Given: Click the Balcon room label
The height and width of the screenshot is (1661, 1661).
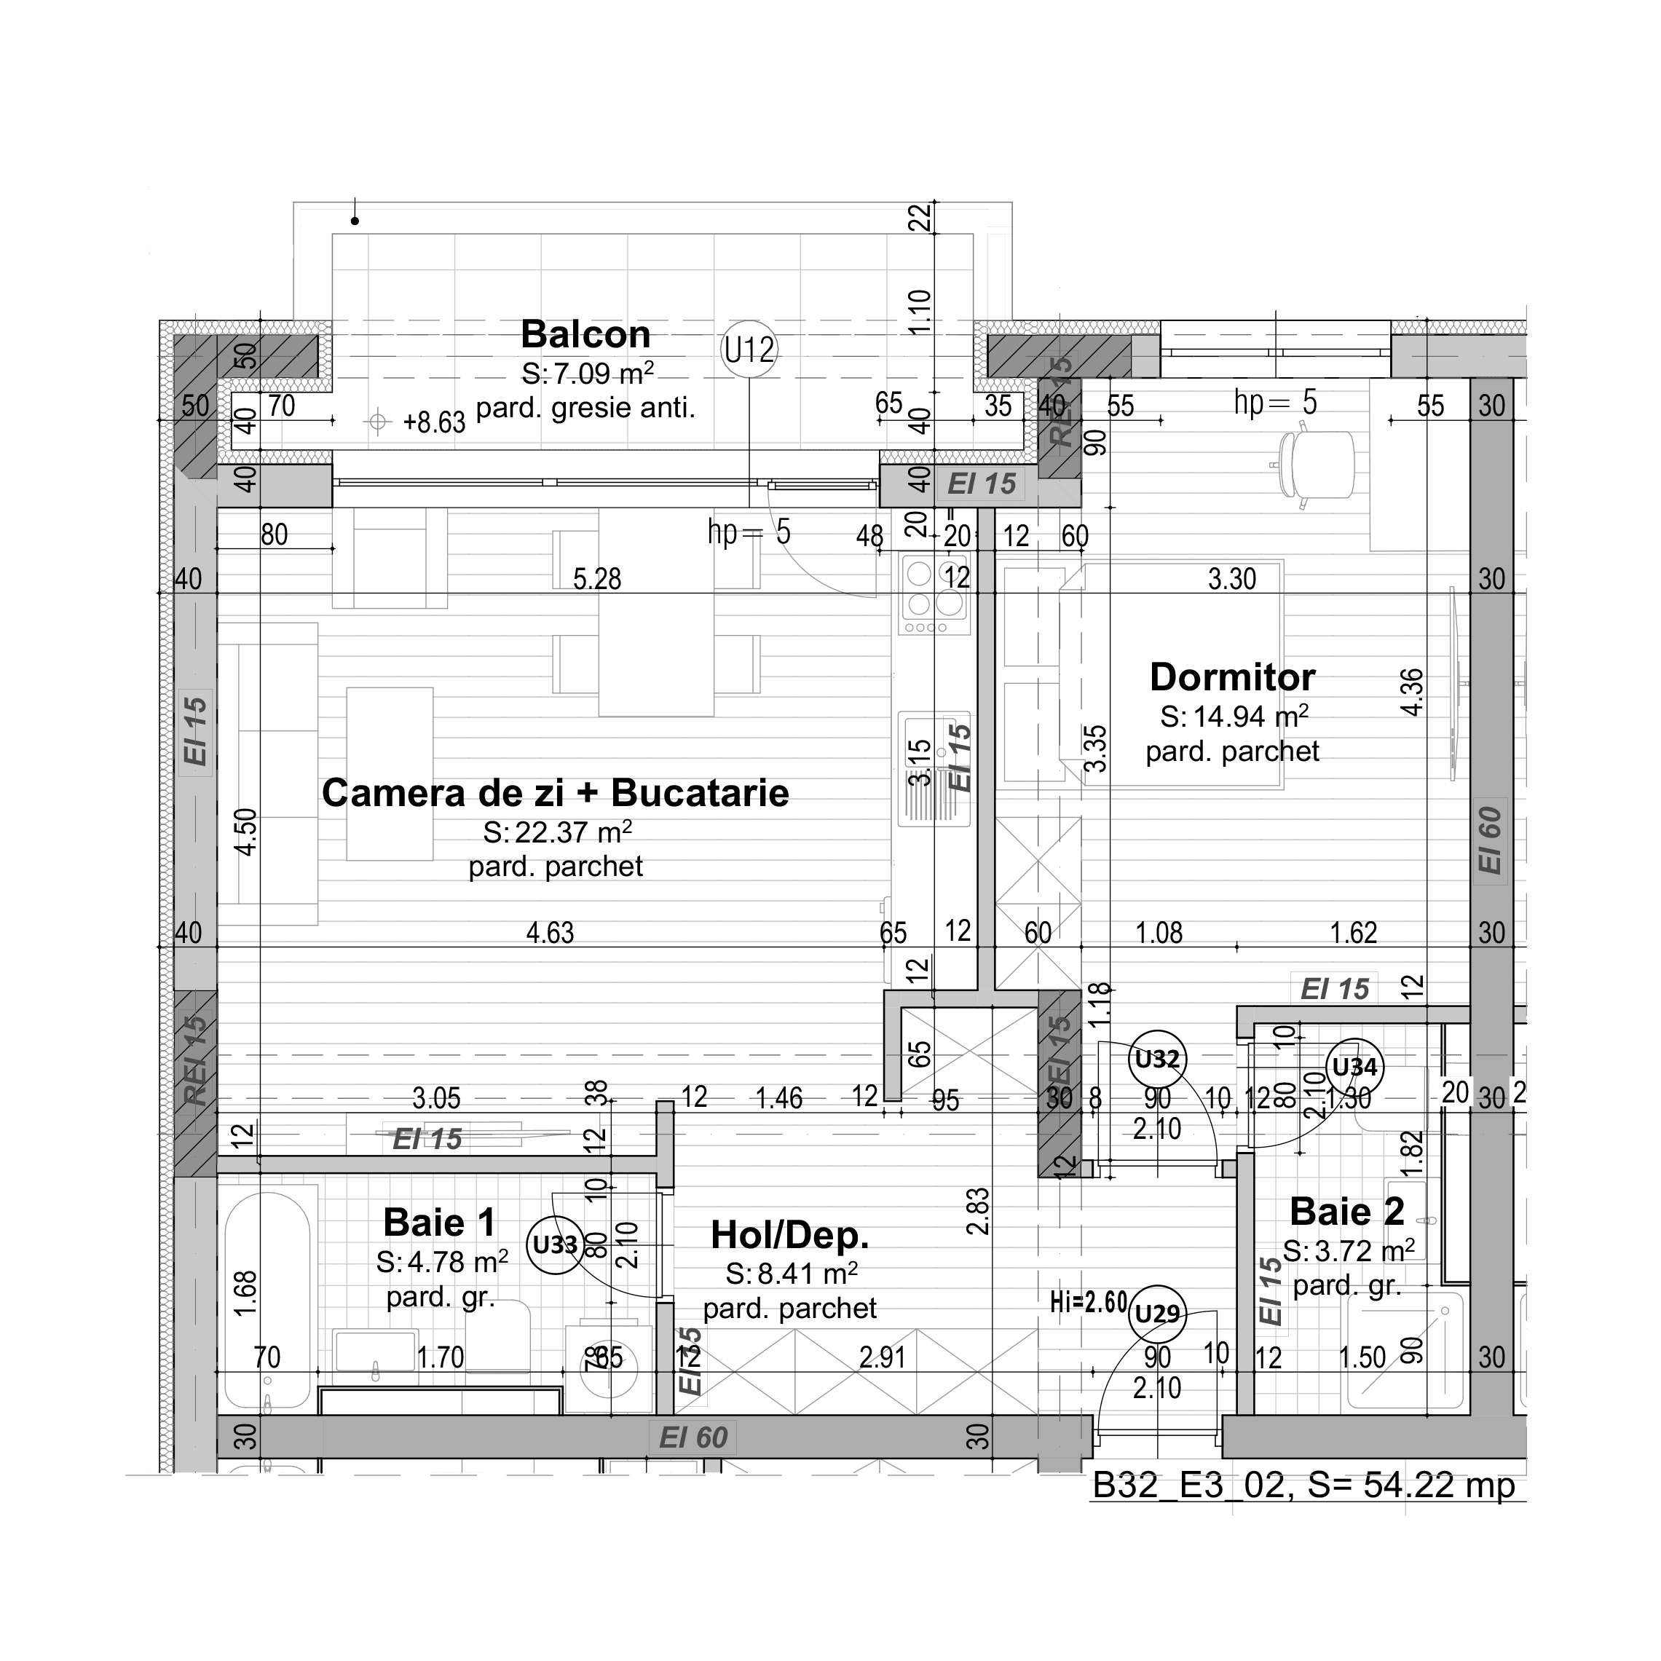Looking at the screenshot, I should (585, 334).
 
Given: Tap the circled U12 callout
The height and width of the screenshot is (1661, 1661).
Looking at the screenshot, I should (749, 350).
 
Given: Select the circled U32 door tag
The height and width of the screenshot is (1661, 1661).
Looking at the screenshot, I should (1156, 1060).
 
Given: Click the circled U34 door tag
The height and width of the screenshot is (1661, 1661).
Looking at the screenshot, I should (1354, 1068).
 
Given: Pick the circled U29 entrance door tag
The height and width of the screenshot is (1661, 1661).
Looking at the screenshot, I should (1156, 1314).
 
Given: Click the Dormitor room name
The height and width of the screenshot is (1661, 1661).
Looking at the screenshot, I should (1232, 677).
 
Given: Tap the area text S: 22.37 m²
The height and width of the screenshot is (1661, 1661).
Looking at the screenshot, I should (557, 832).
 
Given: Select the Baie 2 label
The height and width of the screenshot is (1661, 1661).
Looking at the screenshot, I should (1346, 1212).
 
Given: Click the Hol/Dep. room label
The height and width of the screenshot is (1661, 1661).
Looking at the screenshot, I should (789, 1236).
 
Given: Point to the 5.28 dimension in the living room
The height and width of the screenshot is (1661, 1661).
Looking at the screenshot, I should (596, 579).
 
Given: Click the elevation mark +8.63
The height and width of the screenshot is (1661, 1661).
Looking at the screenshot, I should (433, 422).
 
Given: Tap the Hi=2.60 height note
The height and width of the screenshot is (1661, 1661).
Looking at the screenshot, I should (1088, 1303).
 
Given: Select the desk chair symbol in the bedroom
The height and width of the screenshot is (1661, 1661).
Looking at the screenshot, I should (1314, 465).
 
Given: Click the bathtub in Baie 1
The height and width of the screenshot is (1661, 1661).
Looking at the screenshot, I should (267, 1298).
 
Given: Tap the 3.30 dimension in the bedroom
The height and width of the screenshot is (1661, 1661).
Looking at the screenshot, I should (1231, 579).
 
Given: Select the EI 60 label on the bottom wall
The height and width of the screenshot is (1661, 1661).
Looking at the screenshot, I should (693, 1437).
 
